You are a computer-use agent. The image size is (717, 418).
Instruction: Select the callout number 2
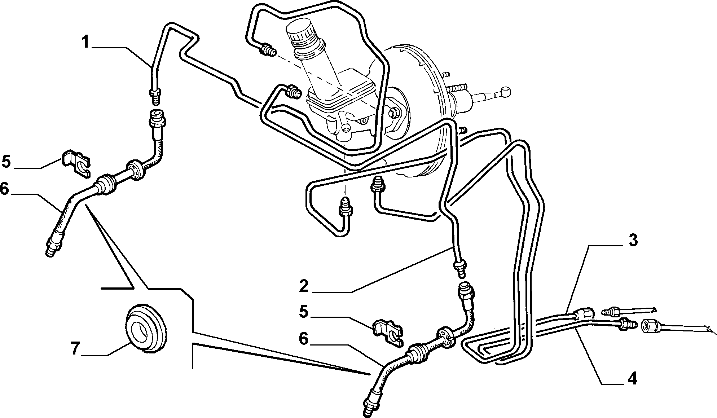coord(304,286)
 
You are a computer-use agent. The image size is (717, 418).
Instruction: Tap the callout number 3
coord(633,240)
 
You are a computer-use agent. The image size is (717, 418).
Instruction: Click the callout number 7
coord(75,349)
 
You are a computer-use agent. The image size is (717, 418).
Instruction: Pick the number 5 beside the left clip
coord(6,161)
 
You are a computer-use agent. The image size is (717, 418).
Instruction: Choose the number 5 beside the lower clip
coord(304,311)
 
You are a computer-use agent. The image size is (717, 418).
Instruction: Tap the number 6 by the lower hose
coord(304,339)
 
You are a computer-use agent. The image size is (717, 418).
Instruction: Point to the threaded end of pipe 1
coord(155,95)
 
